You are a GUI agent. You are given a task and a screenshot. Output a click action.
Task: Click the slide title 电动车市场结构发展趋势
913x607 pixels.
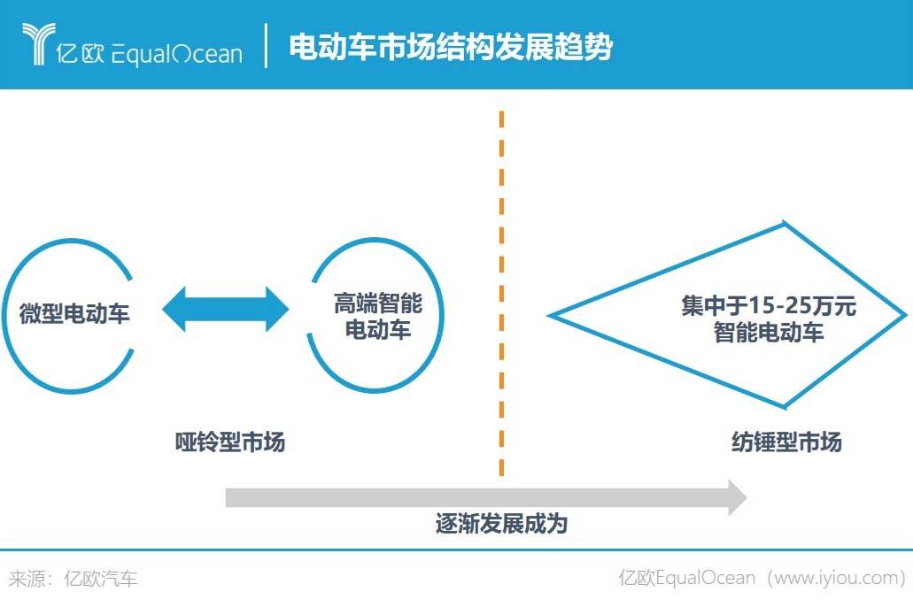(450, 46)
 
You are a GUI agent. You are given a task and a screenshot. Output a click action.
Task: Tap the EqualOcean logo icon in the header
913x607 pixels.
(38, 44)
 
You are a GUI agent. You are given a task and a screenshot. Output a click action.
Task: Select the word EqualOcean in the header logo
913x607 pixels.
(175, 54)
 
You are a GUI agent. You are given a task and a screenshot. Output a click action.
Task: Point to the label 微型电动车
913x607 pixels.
(74, 314)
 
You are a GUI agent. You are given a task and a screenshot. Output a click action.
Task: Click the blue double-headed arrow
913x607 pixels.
(226, 310)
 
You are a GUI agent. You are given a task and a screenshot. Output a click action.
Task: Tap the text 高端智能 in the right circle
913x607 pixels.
(378, 304)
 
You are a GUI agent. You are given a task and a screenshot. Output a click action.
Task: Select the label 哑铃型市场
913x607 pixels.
(230, 442)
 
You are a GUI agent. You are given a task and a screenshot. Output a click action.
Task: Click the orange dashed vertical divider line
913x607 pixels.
(501, 292)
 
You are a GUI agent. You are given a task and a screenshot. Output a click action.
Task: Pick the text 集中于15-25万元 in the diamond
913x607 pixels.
(768, 307)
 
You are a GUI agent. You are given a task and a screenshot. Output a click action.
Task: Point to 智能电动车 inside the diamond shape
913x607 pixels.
(769, 334)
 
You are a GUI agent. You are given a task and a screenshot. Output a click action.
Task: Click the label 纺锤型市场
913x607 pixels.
(786, 442)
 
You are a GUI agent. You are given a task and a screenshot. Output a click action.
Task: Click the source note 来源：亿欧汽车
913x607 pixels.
(74, 580)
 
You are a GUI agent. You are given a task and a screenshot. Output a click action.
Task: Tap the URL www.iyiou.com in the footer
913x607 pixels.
(838, 579)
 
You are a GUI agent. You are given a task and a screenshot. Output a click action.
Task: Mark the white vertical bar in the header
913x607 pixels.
(266, 46)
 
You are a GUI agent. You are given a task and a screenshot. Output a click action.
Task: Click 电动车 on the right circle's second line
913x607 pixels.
(378, 331)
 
